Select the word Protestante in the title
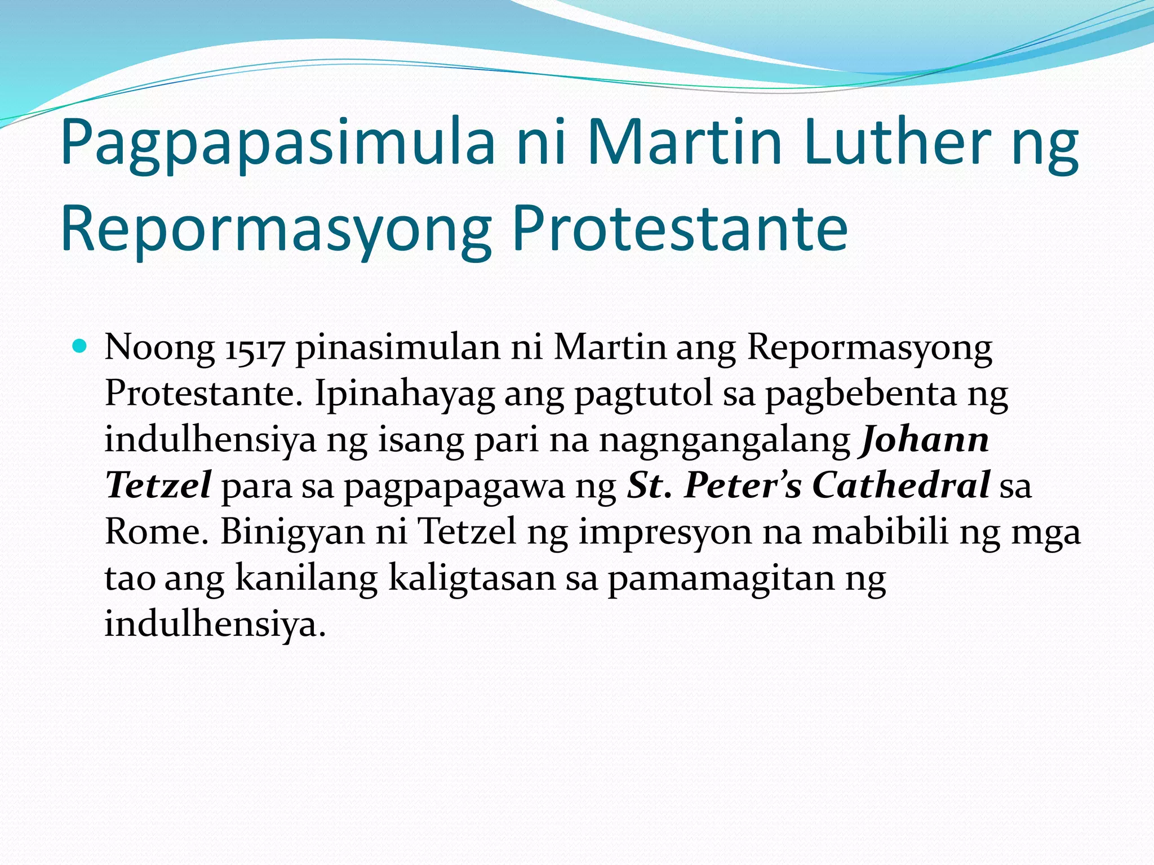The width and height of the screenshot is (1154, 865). pyautogui.click(x=680, y=229)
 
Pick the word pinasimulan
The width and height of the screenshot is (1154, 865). pyautogui.click(x=398, y=347)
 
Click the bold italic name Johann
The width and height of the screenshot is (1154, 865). pyautogui.click(x=924, y=440)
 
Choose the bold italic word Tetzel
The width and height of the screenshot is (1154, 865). pyautogui.click(x=158, y=485)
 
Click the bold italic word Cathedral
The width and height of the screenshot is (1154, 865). pyautogui.click(x=900, y=485)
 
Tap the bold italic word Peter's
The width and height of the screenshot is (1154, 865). pyautogui.click(x=743, y=485)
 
